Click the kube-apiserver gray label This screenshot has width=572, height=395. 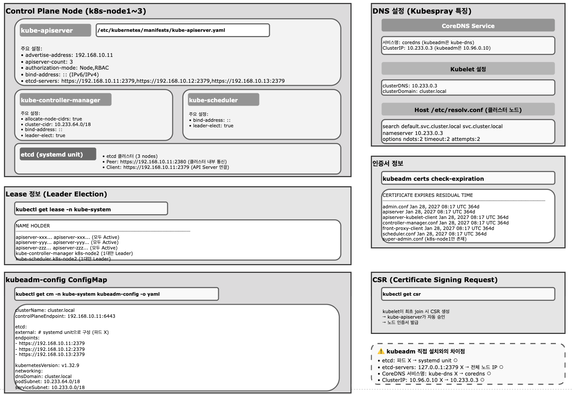(x=55, y=31)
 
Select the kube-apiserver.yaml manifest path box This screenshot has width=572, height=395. (x=183, y=31)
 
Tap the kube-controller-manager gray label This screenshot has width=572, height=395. (x=65, y=100)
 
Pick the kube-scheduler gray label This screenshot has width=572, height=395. (x=223, y=100)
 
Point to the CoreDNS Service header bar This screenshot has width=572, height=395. (x=468, y=26)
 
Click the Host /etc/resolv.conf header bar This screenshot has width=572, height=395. (x=468, y=110)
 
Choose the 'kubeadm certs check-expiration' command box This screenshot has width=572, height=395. (x=468, y=179)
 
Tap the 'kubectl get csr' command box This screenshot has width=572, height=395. (x=468, y=294)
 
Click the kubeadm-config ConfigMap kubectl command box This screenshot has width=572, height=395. (x=116, y=294)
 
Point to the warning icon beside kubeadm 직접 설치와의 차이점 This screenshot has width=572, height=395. (x=381, y=351)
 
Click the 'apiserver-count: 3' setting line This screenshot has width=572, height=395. (x=49, y=62)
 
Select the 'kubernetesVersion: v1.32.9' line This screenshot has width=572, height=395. (x=47, y=365)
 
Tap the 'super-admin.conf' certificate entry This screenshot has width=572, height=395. (x=424, y=239)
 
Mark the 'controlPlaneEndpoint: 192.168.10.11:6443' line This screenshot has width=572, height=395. (x=65, y=316)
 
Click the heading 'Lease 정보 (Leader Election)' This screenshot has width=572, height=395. (x=56, y=194)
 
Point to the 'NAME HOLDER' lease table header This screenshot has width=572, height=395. (x=33, y=226)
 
